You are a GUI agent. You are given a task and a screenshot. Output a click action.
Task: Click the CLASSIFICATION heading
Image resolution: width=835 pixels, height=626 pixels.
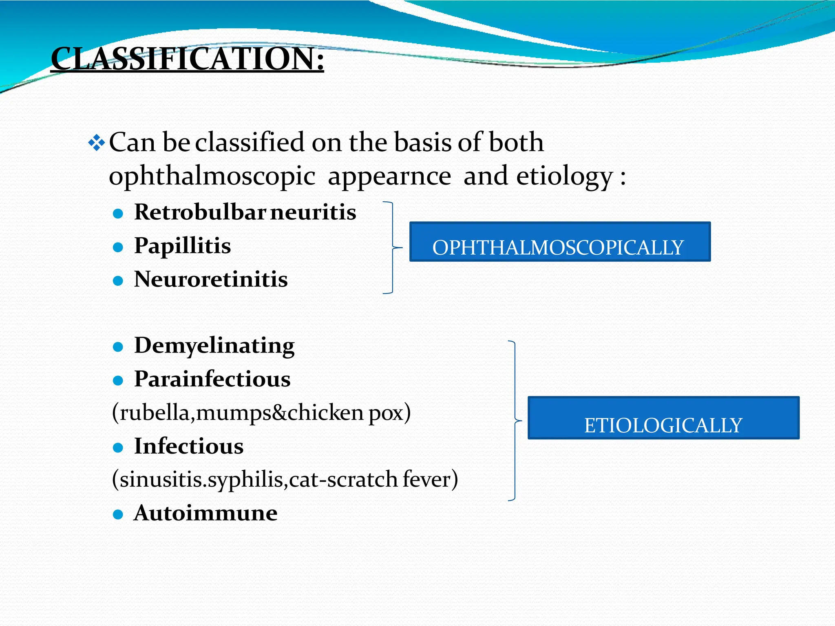point(187,59)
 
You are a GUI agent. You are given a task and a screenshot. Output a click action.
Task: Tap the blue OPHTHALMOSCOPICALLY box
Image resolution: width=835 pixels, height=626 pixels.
point(559,242)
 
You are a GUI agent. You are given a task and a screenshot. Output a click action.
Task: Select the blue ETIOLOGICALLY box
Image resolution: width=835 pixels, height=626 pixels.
point(663,418)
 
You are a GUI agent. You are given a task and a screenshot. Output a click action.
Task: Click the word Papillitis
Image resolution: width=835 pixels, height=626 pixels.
point(182,246)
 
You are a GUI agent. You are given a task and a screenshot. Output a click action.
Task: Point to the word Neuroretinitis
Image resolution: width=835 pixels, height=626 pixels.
point(211,280)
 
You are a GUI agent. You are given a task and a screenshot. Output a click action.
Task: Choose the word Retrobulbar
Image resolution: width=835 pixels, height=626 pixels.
point(200,212)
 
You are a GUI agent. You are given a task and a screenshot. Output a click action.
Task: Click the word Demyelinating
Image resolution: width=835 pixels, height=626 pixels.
point(214,346)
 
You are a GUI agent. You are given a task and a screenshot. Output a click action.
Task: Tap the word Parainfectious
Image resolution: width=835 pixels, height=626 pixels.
point(212,379)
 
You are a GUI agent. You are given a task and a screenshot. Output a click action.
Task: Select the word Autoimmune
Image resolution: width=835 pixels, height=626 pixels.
point(205,513)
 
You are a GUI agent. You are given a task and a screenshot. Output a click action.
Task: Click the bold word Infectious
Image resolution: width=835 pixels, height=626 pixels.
point(189,446)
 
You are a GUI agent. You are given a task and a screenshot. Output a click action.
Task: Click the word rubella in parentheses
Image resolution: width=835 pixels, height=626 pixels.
point(155,413)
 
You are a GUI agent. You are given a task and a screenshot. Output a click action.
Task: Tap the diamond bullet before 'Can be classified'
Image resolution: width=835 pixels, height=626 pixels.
point(97,143)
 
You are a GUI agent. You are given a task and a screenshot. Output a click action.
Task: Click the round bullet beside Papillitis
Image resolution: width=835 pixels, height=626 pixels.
point(118,247)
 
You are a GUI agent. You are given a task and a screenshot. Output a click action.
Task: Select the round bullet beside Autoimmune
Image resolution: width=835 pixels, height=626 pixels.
point(118,514)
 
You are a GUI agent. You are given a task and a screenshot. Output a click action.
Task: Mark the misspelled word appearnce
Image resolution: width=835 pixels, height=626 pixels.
point(389,177)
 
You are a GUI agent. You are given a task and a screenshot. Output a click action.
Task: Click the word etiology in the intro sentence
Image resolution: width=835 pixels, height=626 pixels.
point(565,177)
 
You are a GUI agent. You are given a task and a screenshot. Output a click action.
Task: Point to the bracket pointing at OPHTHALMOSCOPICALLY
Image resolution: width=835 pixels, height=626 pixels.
point(392,247)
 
